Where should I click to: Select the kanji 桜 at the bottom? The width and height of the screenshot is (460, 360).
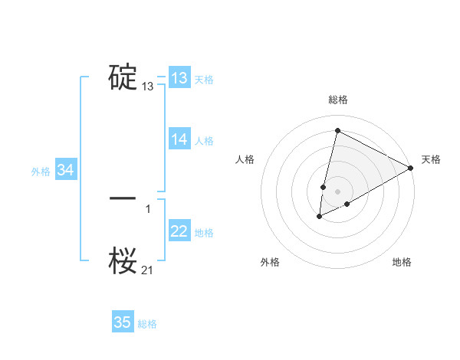(123, 260)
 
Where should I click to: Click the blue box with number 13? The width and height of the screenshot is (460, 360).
(179, 78)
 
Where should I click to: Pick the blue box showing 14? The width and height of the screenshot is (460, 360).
(179, 139)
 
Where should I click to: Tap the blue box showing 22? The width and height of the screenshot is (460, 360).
(179, 231)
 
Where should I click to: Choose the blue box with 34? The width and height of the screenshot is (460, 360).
(66, 171)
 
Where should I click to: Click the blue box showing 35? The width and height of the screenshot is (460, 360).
(123, 322)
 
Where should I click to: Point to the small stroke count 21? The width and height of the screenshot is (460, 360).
(148, 269)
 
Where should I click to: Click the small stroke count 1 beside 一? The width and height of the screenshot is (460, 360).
(148, 208)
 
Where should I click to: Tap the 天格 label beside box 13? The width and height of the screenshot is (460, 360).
(204, 80)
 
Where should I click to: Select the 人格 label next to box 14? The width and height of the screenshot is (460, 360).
(204, 141)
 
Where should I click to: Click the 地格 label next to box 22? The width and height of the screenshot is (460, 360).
(204, 233)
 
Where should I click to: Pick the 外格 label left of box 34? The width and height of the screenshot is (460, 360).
(41, 172)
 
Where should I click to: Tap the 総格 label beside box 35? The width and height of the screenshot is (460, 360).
(147, 324)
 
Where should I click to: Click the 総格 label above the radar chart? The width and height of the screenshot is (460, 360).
(337, 100)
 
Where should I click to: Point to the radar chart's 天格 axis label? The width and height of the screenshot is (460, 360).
(431, 159)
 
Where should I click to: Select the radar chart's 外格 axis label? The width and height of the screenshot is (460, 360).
(270, 262)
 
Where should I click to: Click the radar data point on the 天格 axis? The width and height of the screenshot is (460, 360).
(411, 168)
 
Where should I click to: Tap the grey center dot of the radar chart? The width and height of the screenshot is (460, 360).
(337, 191)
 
